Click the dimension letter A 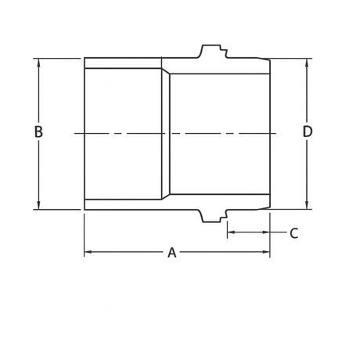[171, 253]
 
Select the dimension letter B [38, 132]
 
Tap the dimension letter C [293, 233]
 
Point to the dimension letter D [308, 132]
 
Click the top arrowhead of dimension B [38, 62]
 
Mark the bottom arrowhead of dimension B [38, 206]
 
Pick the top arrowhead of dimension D [307, 62]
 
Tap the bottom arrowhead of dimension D [307, 206]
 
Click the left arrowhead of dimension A [88, 252]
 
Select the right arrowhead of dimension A [266, 252]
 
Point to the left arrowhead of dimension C [231, 232]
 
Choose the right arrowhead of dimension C [266, 232]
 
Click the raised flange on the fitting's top [211, 51]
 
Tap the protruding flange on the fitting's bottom [211, 217]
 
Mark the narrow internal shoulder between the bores [165, 134]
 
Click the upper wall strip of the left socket [123, 63]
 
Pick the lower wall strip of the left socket [123, 204]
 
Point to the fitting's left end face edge [85, 134]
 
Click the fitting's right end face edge [270, 134]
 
